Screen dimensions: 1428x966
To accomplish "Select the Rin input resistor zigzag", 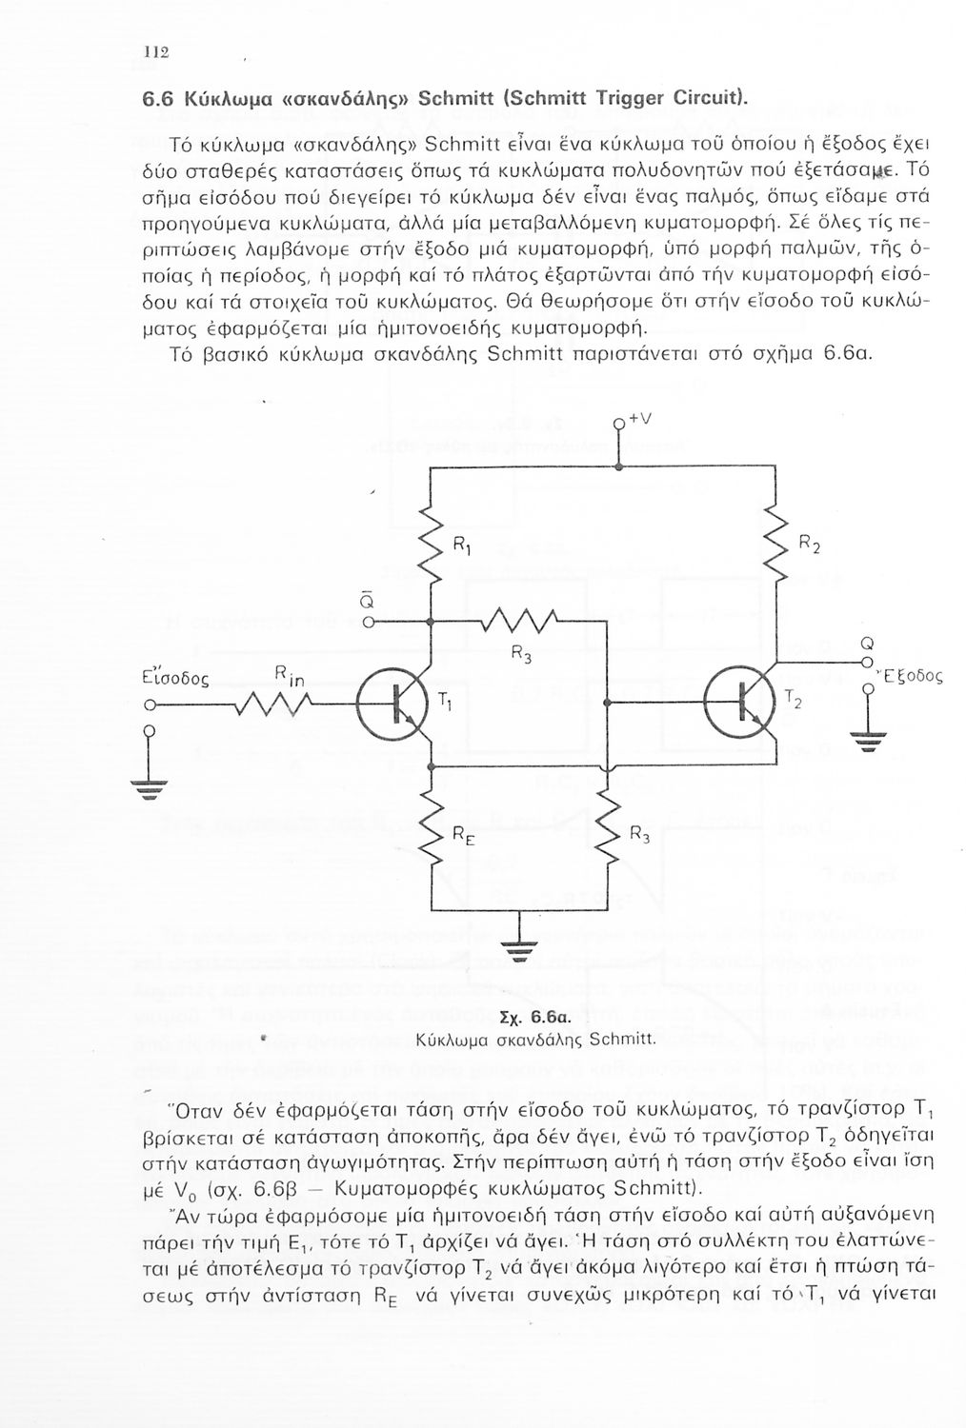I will click(x=266, y=704).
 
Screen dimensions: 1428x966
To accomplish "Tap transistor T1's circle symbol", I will click(x=392, y=705).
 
